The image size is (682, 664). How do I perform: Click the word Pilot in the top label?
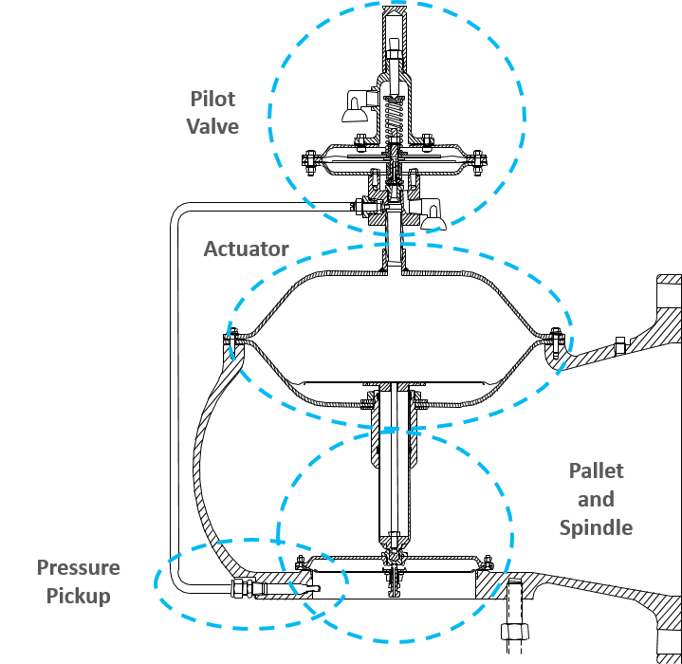coord(212,99)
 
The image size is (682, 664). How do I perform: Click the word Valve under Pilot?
coord(212,127)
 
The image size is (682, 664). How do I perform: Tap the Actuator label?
coord(246,249)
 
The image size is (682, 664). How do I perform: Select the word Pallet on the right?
coord(597,470)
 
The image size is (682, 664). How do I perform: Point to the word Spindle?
coord(596,527)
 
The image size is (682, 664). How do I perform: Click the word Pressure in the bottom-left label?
coord(79,569)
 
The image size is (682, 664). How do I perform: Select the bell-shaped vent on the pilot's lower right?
coord(434,217)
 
